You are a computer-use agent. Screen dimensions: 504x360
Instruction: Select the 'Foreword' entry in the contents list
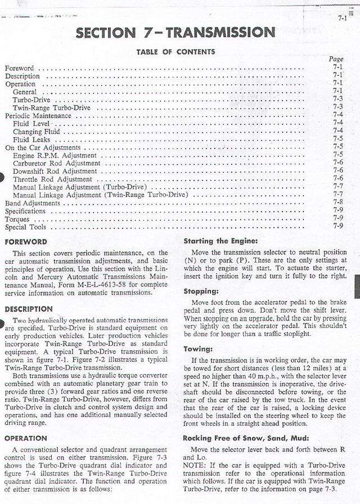(x=19, y=68)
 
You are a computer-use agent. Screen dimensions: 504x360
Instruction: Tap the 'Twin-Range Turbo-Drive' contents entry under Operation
(x=51, y=107)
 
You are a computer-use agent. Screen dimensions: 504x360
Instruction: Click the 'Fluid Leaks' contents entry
(x=31, y=139)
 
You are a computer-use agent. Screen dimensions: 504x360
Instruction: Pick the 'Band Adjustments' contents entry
(x=32, y=203)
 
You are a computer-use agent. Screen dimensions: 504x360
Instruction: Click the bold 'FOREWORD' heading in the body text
(x=26, y=242)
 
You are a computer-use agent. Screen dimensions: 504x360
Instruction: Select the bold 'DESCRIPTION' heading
(x=29, y=309)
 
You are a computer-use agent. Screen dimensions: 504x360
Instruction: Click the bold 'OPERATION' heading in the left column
(x=26, y=438)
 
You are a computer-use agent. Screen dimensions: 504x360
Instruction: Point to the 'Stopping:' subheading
(x=201, y=291)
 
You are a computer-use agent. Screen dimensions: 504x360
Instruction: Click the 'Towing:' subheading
(x=197, y=349)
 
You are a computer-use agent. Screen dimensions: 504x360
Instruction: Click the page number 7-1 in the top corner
(x=342, y=17)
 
